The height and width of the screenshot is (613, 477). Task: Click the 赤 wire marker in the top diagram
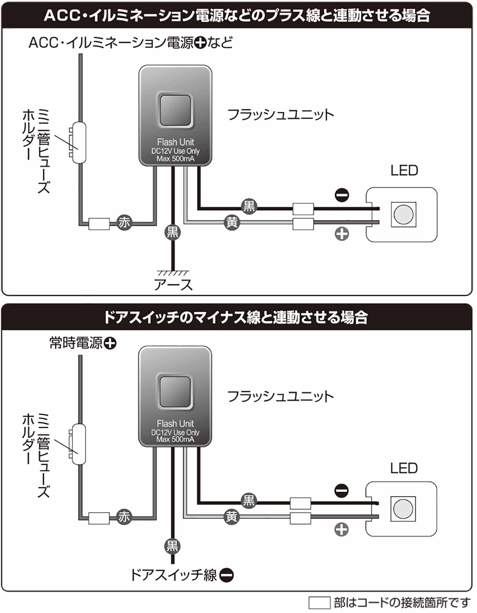(x=124, y=222)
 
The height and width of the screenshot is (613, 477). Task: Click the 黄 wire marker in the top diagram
(x=232, y=222)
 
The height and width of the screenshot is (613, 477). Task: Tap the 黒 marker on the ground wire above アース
(x=173, y=232)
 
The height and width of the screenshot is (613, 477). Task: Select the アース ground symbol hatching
(x=173, y=273)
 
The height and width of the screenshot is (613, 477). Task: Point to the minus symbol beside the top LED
(x=342, y=195)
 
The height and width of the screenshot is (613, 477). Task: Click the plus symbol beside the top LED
(x=342, y=234)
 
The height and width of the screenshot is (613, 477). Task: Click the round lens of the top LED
(x=403, y=214)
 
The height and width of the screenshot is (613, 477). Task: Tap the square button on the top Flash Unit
(x=175, y=110)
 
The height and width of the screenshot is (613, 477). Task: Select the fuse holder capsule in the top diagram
(x=79, y=143)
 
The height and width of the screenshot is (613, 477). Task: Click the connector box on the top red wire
(x=99, y=224)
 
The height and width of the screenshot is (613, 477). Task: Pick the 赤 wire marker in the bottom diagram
(x=124, y=517)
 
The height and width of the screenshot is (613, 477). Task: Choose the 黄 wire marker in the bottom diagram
(x=231, y=516)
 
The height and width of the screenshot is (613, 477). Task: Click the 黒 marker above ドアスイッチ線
(x=173, y=546)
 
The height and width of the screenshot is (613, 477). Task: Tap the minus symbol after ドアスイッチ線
(x=227, y=575)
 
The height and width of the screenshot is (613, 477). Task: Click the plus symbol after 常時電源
(x=110, y=343)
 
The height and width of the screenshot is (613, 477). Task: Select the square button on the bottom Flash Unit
(x=175, y=391)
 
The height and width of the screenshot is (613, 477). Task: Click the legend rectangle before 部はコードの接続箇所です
(x=319, y=603)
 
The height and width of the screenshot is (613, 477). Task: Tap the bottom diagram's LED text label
(x=404, y=468)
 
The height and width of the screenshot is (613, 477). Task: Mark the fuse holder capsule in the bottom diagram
(x=78, y=444)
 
